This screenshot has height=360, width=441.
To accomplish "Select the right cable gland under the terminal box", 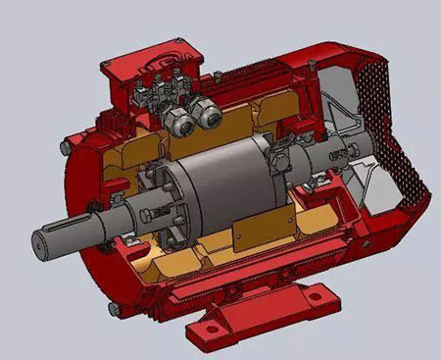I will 209,115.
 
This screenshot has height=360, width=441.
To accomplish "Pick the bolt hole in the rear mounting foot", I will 315,292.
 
